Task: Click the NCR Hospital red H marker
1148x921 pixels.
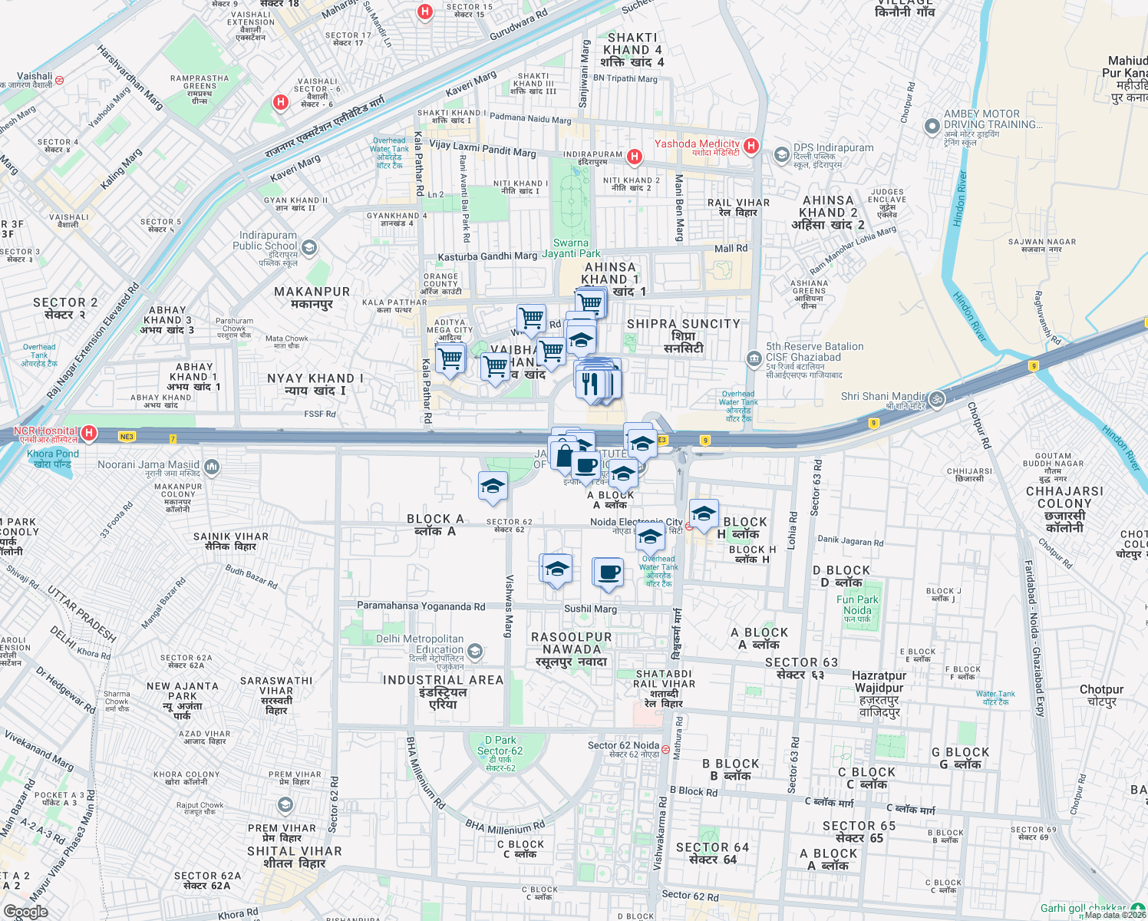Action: tap(89, 434)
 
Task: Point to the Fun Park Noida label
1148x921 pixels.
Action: tap(857, 606)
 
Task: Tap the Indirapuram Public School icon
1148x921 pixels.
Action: tap(308, 247)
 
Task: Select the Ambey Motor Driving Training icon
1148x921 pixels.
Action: tap(932, 127)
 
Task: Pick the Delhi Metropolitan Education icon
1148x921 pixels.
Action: tap(475, 652)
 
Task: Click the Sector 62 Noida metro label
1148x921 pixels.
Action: tap(623, 745)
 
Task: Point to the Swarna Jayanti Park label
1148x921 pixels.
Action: tap(571, 248)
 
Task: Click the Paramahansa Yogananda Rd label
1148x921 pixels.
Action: tap(421, 606)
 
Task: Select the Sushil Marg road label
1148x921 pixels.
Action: tap(590, 609)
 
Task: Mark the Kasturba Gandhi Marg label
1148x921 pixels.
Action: tap(487, 256)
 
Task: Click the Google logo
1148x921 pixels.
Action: tap(25, 911)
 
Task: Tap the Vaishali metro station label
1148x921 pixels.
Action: tap(35, 77)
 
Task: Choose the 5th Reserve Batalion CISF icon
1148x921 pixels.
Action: tap(754, 358)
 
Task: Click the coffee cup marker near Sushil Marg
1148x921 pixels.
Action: tap(609, 573)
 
